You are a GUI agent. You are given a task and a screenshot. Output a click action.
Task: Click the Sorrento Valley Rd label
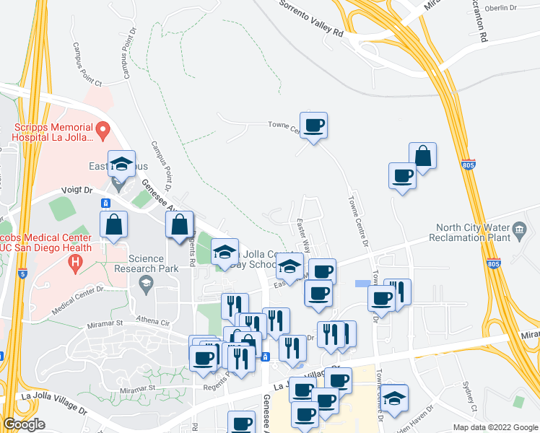(x=311, y=18)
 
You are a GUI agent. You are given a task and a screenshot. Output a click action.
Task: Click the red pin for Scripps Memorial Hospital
(x=103, y=131)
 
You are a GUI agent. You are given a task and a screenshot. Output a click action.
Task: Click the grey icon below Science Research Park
(x=147, y=281)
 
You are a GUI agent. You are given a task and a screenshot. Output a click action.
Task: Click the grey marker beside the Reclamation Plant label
(x=519, y=232)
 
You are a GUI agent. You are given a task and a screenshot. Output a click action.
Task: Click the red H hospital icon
(x=73, y=265)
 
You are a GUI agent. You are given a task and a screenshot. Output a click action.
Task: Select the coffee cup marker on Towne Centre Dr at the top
(x=313, y=126)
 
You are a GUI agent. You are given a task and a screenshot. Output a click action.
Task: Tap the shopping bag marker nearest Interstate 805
(x=422, y=155)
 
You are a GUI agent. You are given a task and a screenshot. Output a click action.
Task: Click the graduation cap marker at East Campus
(x=121, y=164)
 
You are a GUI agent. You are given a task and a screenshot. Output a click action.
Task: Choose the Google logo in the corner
(x=23, y=424)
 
